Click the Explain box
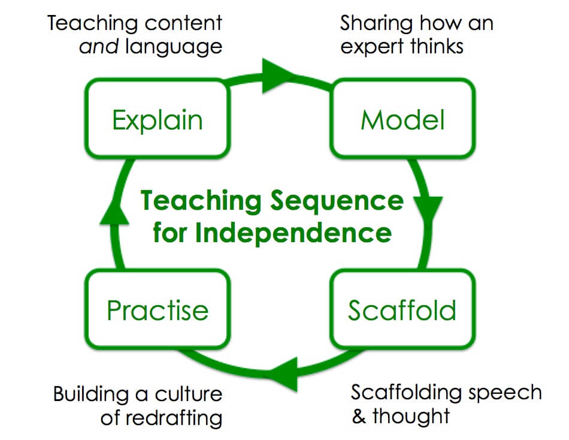(158, 119)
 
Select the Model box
(402, 119)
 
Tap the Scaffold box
(402, 309)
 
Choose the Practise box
(158, 309)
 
